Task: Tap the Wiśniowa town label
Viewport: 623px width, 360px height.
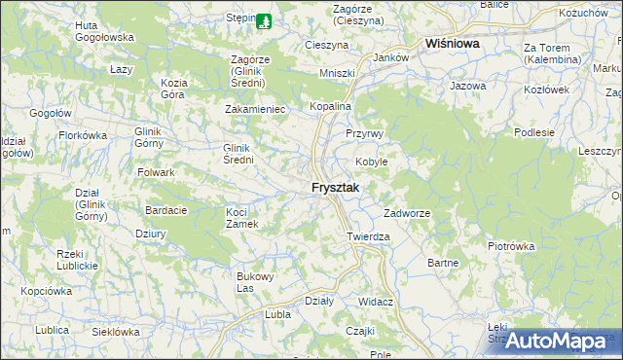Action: (x=456, y=44)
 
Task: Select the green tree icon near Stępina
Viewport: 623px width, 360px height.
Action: (x=265, y=18)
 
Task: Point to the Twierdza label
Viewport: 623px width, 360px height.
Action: (x=369, y=236)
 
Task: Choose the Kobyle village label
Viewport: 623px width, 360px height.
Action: (x=371, y=162)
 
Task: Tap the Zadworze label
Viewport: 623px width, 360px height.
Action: (x=407, y=213)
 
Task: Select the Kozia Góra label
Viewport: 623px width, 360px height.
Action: (x=172, y=90)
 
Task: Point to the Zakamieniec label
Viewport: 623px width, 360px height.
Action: (x=255, y=109)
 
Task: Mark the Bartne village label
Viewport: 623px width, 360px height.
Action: (x=443, y=263)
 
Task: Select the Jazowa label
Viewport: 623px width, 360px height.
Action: (x=467, y=87)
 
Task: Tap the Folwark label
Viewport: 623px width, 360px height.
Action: (x=156, y=172)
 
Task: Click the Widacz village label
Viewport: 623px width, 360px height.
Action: (x=375, y=302)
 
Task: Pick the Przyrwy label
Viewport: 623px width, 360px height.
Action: (x=366, y=133)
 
